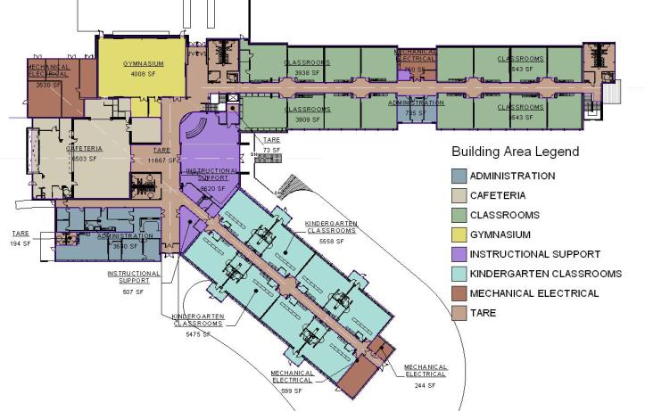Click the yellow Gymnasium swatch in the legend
coord(459,234)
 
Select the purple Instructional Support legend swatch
coord(459,254)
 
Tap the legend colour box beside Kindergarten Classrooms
coord(459,274)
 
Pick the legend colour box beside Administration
coord(459,176)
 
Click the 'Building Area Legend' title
coord(515,152)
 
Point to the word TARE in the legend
coord(483,313)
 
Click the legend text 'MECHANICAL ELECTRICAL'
coord(533,293)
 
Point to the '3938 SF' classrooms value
coord(307,72)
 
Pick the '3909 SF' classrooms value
coord(307,119)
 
